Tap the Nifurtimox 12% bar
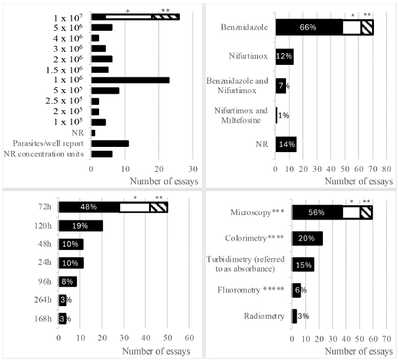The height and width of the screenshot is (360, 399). [284, 56]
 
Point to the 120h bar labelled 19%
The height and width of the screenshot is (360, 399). [80, 226]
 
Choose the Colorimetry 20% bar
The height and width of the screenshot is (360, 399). [307, 239]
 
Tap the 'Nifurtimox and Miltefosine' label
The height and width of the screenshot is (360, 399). [245, 115]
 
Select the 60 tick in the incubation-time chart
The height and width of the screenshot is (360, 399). [188, 339]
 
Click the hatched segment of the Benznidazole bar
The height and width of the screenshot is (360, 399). [367, 27]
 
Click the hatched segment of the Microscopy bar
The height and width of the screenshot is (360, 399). [366, 212]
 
